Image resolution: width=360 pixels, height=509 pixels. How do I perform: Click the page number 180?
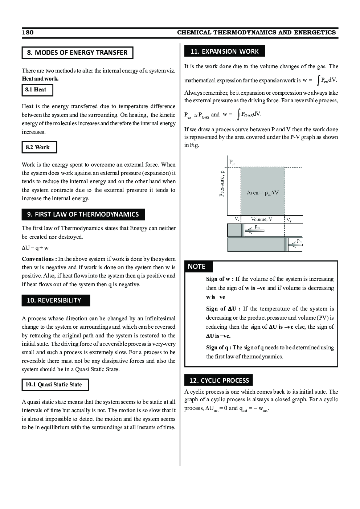28,33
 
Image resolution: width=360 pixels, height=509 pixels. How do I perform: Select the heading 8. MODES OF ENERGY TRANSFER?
77,53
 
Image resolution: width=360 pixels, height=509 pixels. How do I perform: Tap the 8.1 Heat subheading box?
37,90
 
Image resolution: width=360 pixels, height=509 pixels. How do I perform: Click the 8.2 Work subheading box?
39,147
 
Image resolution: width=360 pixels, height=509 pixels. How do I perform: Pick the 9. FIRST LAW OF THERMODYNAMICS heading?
83,214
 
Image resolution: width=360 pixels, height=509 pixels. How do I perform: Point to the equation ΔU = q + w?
35,248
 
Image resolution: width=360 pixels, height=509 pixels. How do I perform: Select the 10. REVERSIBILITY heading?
56,300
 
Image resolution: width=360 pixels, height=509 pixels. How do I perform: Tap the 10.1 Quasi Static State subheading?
55,385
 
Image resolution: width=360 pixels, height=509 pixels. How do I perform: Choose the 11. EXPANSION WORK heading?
224,51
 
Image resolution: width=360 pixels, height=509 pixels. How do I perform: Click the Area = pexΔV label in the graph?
262,193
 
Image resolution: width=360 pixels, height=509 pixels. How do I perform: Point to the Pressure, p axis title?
222,184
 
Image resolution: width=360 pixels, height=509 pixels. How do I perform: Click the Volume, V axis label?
261,219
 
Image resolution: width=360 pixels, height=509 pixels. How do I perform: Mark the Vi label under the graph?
237,219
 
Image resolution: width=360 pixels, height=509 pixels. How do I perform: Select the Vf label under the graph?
289,220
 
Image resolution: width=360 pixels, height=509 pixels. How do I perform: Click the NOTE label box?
198,267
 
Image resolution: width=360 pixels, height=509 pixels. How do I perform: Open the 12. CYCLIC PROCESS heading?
218,380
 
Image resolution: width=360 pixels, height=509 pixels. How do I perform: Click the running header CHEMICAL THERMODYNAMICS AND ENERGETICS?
256,33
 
